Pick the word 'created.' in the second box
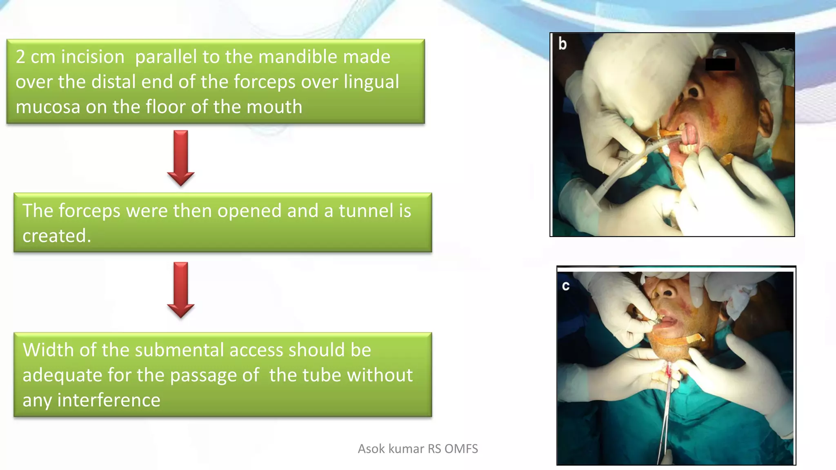57,236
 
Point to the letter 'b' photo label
563,44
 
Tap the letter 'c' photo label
566,286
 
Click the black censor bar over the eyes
720,64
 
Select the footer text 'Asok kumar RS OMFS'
418,449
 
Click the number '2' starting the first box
20,57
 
